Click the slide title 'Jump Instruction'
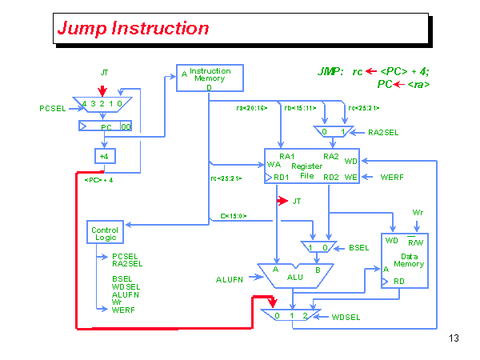pos(133,29)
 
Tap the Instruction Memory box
pos(209,78)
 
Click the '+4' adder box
pos(105,155)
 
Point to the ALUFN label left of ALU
pos(230,279)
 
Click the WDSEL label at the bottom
pos(346,317)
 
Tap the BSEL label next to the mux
pos(358,248)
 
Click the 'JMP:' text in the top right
pos(330,72)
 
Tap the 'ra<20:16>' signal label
pos(251,108)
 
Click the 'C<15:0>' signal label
pos(233,216)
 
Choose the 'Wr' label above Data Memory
pos(417,213)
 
